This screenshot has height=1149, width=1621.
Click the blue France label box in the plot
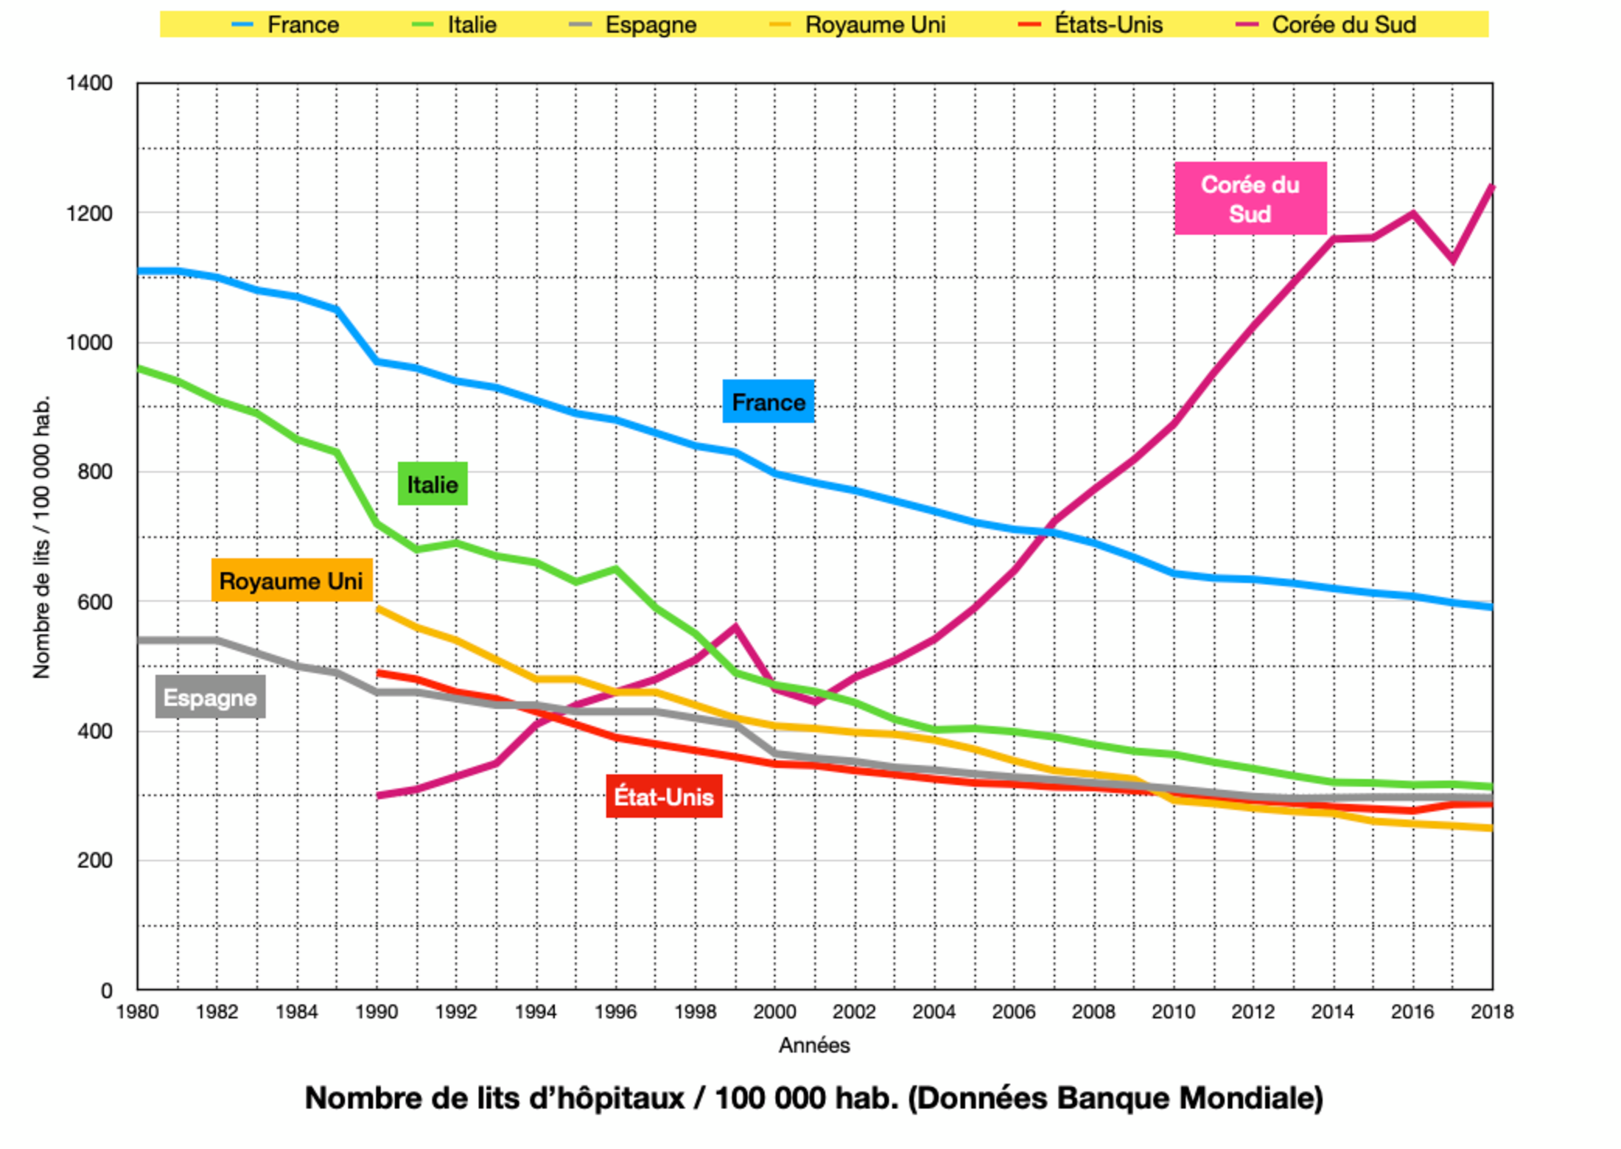point(768,402)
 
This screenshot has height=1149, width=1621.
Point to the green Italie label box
point(433,484)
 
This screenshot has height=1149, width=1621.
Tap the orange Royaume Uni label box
point(292,581)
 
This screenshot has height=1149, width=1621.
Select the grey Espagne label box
point(210,697)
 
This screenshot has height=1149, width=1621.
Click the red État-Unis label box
point(664,797)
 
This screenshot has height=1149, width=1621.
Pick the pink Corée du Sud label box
point(1250,198)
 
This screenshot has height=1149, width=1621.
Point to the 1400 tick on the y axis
point(89,83)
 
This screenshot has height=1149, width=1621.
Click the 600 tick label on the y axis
point(95,602)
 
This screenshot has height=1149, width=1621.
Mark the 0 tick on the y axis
point(107,991)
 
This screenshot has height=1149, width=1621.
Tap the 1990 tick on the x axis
point(377,1012)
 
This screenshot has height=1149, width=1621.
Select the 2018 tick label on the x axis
point(1492,1012)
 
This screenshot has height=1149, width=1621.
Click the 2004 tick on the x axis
point(934,1012)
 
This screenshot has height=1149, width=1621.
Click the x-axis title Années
point(814,1045)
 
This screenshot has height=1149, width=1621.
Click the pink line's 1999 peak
point(735,627)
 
